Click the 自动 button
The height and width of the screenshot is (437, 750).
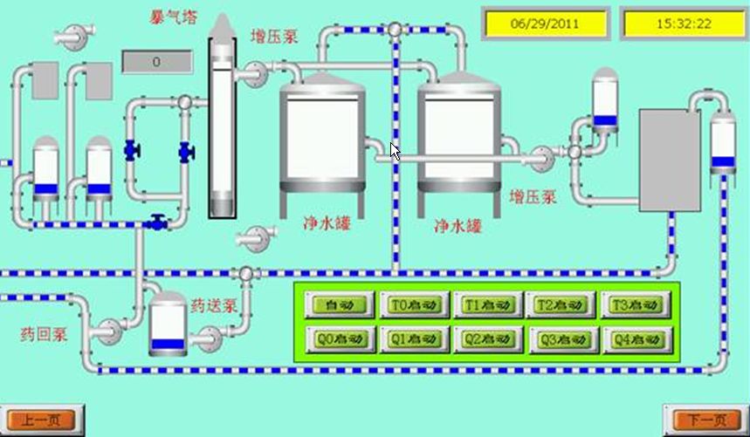click(x=340, y=305)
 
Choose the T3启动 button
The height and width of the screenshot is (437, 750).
click(x=635, y=305)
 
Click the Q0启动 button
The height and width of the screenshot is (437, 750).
click(x=340, y=338)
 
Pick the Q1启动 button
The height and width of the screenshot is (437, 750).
click(x=413, y=338)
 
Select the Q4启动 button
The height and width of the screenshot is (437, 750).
click(x=635, y=338)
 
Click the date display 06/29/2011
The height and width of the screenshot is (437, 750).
click(x=545, y=24)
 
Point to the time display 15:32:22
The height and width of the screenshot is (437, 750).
click(x=684, y=24)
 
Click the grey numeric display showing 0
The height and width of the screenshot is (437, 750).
click(x=156, y=62)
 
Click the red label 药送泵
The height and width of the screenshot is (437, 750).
click(x=215, y=306)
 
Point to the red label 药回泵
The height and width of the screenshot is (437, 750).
click(x=44, y=333)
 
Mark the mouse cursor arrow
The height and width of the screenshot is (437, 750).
click(x=395, y=151)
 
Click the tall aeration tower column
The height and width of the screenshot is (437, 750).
click(x=224, y=122)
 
